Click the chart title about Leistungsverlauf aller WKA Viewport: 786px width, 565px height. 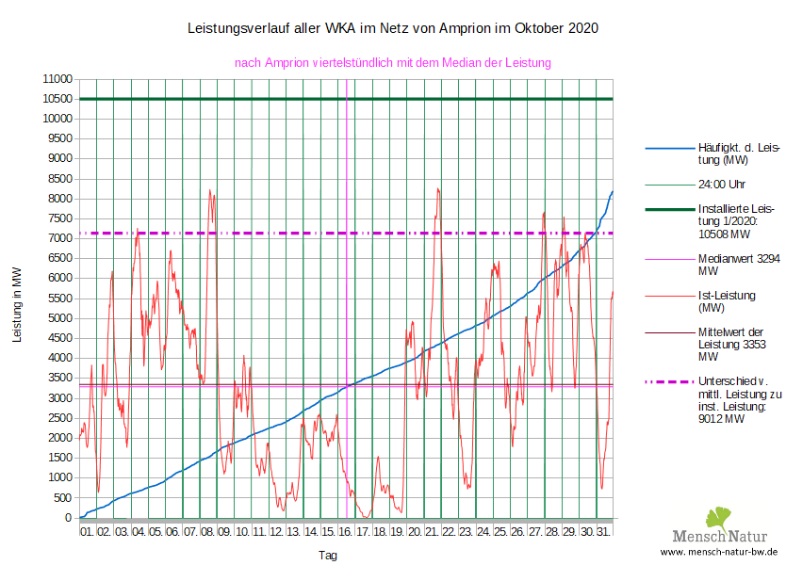[394, 29]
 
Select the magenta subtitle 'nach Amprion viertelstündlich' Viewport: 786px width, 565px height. [392, 62]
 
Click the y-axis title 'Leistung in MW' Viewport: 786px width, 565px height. [17, 303]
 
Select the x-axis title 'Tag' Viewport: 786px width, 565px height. [327, 556]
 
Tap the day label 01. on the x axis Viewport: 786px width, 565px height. [88, 532]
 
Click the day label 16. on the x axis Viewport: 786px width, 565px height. [346, 532]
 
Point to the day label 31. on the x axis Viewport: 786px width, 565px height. [604, 532]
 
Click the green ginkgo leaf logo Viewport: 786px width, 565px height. [719, 518]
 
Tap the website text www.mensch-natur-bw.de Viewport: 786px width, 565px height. [719, 552]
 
